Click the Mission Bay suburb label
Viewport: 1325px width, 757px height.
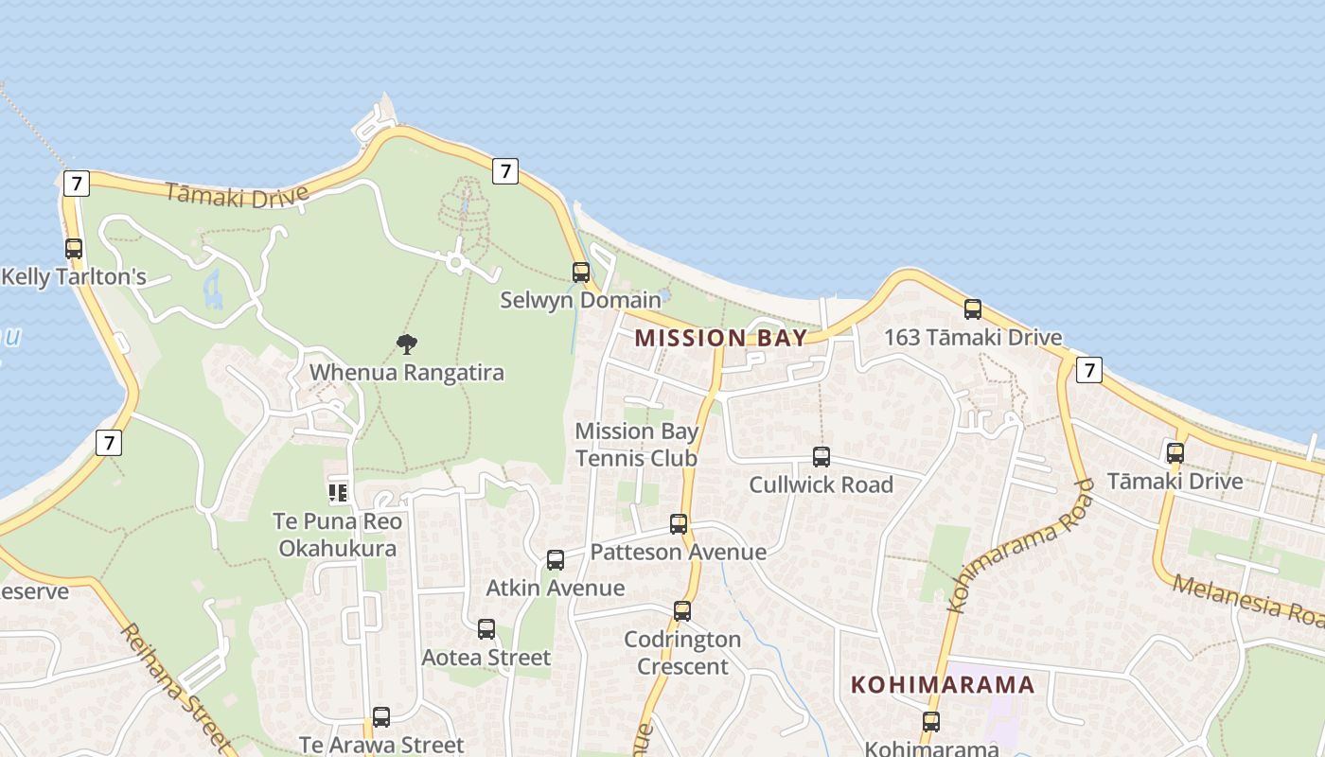[720, 338]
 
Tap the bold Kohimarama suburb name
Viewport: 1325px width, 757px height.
[942, 684]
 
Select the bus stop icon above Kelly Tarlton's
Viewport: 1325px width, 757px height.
[74, 249]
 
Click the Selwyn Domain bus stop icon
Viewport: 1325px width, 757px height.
[581, 273]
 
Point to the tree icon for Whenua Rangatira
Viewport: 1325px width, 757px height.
[407, 344]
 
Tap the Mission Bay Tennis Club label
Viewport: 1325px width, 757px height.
[637, 445]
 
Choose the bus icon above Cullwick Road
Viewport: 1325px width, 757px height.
[821, 457]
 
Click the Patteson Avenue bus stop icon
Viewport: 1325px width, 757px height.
[679, 524]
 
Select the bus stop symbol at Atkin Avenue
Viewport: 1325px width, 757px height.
[556, 560]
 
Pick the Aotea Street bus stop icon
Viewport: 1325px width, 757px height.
[486, 629]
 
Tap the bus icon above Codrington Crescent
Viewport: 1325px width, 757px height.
[682, 611]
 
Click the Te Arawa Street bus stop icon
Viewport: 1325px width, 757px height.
[381, 717]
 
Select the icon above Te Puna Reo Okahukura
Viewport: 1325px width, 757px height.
[338, 493]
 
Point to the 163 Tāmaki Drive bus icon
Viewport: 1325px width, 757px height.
[973, 309]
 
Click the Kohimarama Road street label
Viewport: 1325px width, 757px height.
[1020, 546]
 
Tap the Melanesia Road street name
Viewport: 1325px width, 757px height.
[1248, 599]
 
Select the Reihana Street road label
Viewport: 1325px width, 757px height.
[174, 686]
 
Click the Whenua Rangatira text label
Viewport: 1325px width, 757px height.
[407, 373]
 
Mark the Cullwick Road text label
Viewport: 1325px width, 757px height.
[821, 484]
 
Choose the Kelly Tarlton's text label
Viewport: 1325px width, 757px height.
[74, 277]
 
